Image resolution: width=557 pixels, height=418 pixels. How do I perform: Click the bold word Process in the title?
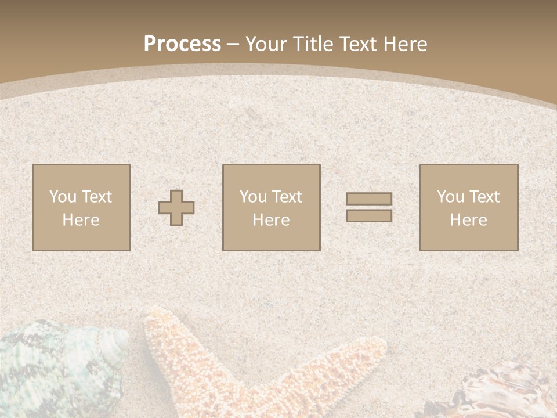(x=182, y=44)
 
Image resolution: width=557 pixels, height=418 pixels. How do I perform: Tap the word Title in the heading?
(x=313, y=44)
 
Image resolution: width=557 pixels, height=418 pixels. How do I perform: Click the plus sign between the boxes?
(x=176, y=208)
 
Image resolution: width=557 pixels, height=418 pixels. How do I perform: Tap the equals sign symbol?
(x=369, y=207)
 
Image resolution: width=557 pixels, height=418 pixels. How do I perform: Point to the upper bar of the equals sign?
(x=369, y=199)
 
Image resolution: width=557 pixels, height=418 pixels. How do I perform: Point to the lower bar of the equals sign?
(x=369, y=216)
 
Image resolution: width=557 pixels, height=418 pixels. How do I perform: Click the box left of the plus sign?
(x=81, y=207)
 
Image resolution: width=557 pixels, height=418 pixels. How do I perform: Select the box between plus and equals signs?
(x=272, y=207)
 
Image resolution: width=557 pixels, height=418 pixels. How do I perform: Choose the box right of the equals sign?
(x=469, y=207)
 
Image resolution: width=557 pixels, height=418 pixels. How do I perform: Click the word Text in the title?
(x=356, y=44)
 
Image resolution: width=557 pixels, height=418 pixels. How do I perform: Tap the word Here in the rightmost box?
(x=468, y=220)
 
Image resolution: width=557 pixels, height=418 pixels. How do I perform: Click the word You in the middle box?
(x=253, y=197)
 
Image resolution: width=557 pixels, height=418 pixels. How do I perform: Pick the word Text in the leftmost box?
(x=97, y=197)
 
